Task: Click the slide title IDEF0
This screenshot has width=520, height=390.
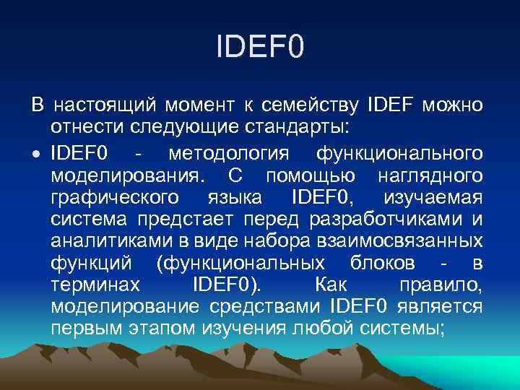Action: (x=260, y=49)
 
